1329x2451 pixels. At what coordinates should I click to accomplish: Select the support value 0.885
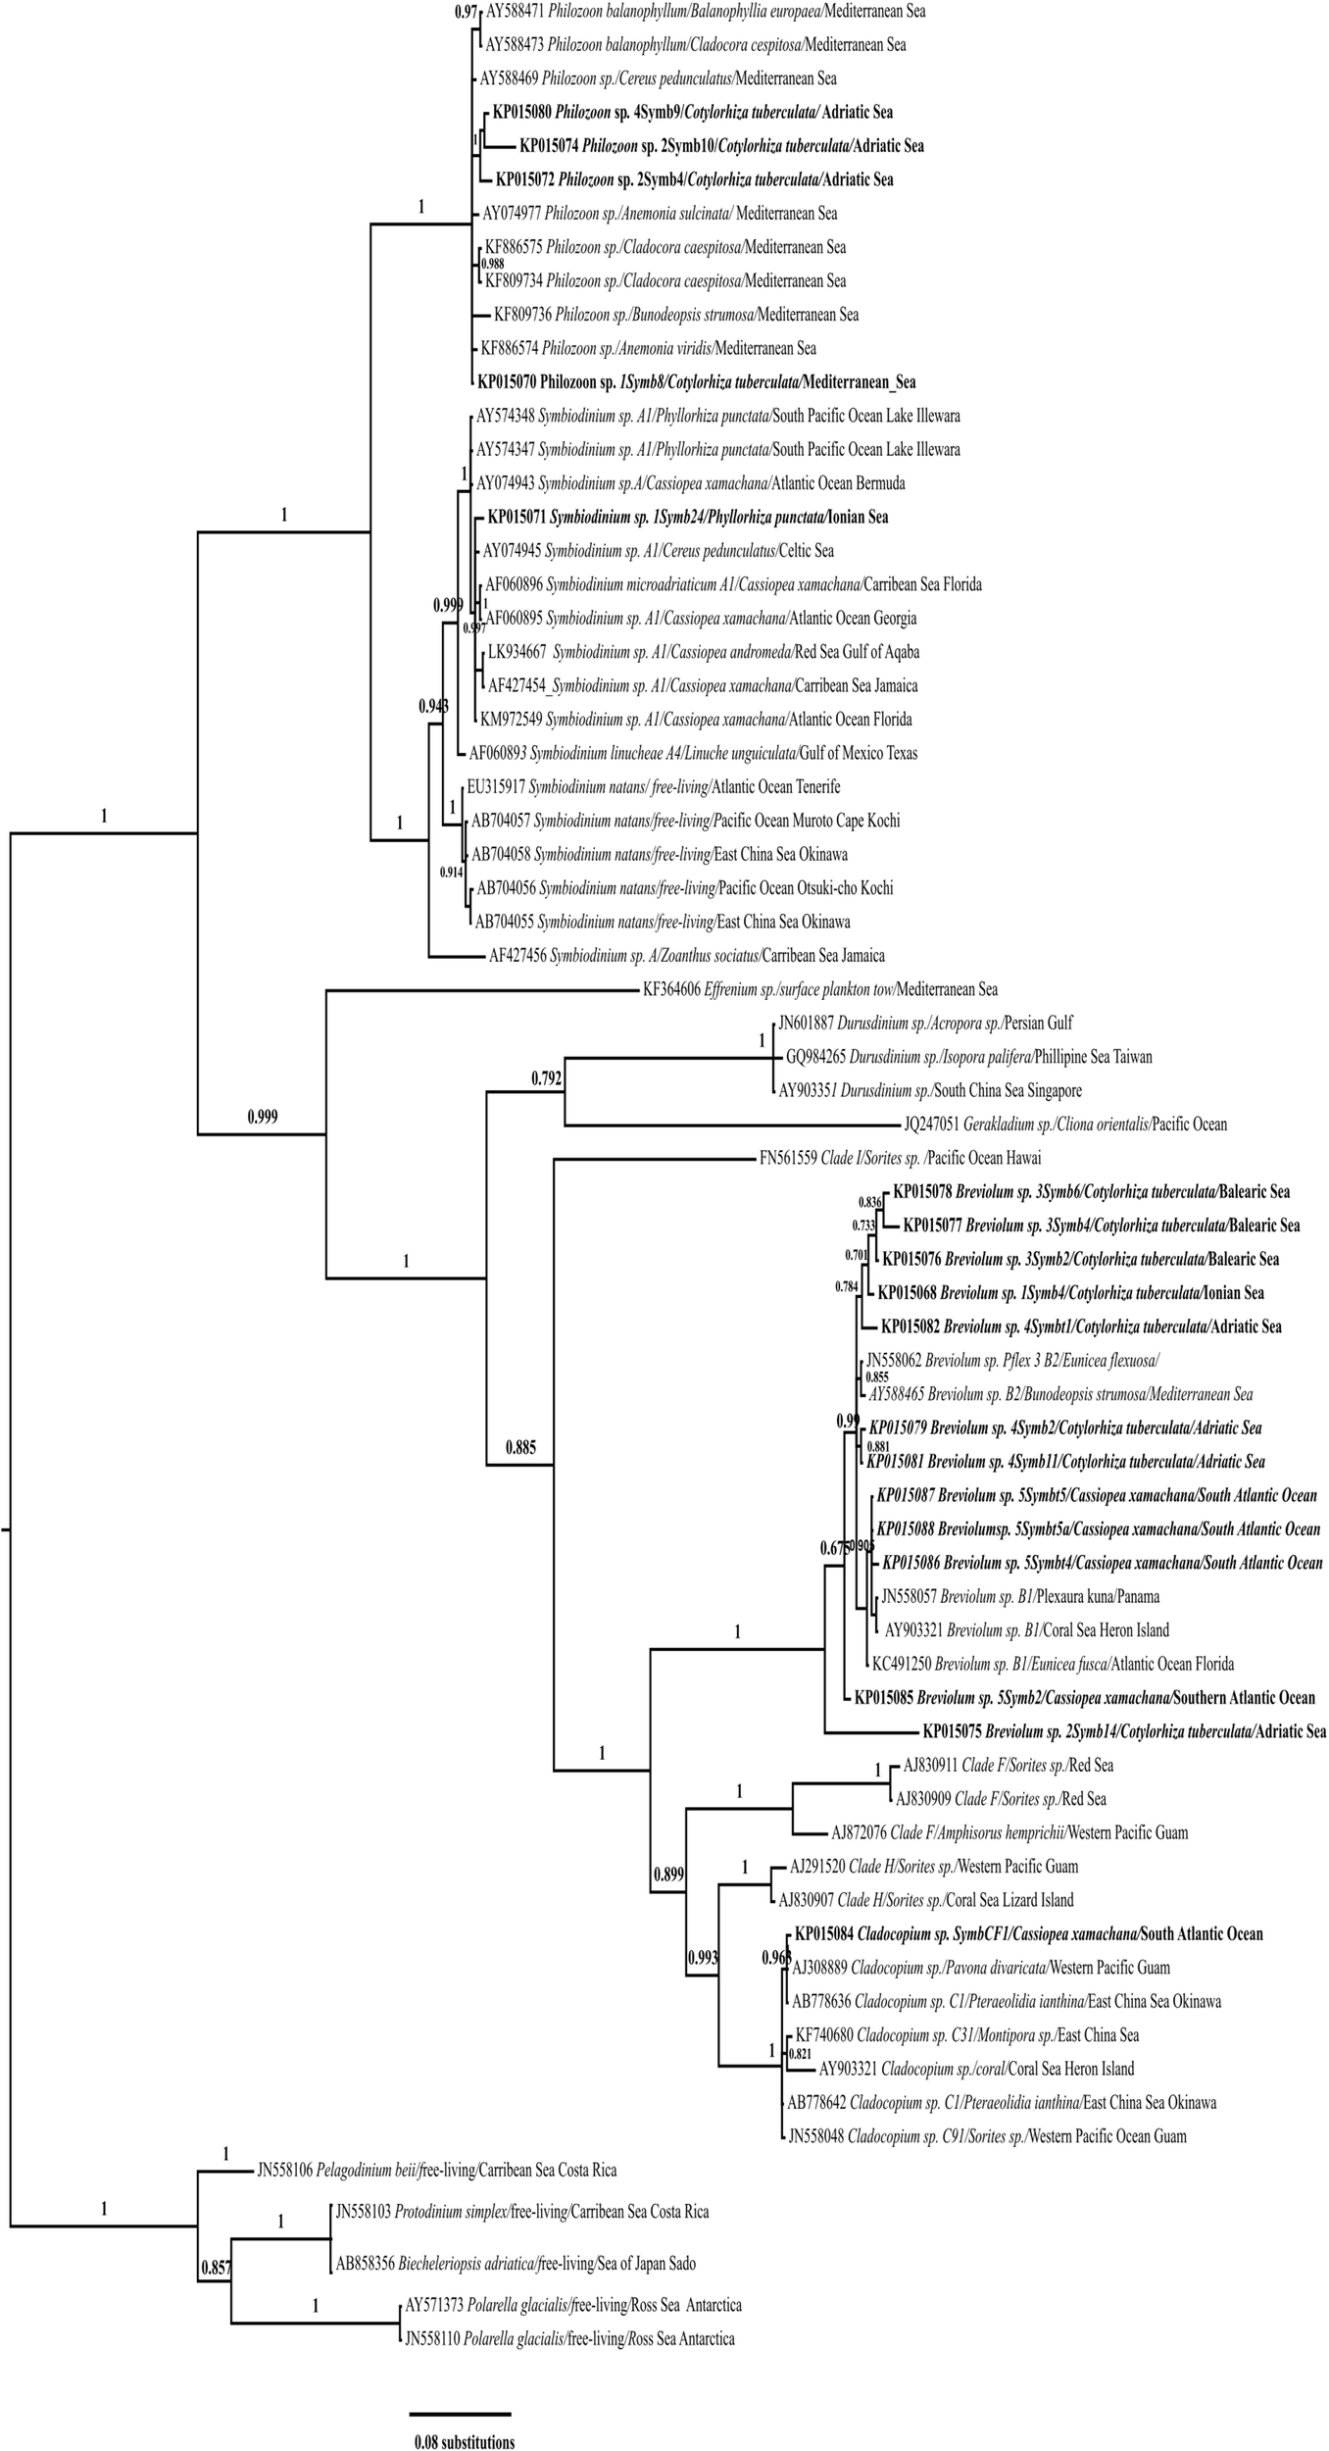tap(520, 1446)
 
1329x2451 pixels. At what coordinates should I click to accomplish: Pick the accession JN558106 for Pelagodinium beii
tap(291, 2170)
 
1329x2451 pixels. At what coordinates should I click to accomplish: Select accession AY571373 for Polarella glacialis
tap(436, 2304)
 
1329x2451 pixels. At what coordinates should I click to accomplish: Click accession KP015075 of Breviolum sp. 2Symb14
tap(952, 1731)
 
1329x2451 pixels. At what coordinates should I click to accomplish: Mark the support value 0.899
tap(667, 1875)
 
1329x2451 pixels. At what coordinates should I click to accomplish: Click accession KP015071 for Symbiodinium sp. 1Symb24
tap(517, 517)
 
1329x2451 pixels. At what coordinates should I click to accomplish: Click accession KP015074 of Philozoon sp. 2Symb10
tap(549, 146)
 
